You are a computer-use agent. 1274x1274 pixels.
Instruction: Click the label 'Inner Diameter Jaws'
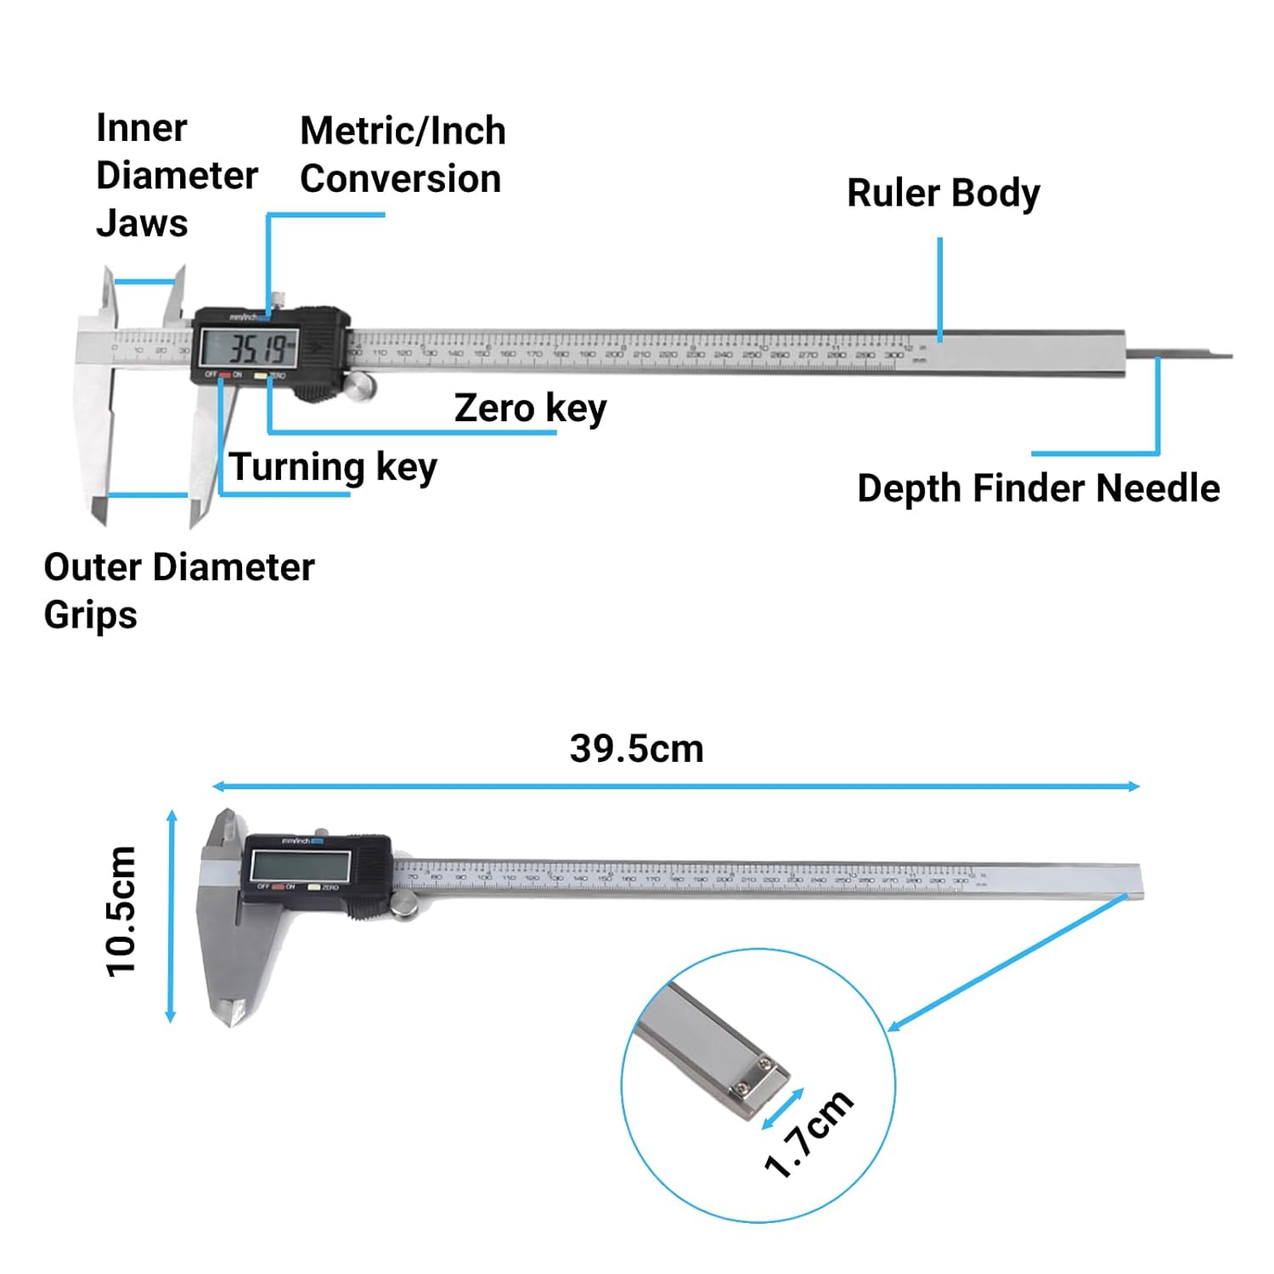[176, 176]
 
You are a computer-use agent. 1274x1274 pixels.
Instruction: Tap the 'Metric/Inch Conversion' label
[403, 155]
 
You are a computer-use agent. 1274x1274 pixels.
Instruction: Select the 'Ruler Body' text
[943, 193]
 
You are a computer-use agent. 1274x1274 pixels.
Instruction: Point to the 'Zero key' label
[530, 409]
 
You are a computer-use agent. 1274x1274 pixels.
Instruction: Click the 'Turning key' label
[333, 467]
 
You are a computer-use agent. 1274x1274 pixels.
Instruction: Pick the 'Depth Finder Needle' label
[1038, 488]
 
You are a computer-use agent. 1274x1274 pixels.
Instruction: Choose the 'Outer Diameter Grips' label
[178, 590]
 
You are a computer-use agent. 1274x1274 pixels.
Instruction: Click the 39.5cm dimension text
[636, 749]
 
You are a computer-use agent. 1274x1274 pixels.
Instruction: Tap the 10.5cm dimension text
[121, 911]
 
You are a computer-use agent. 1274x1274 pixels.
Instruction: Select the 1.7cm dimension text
[809, 1134]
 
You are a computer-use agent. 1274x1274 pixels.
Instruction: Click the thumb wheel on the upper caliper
[360, 386]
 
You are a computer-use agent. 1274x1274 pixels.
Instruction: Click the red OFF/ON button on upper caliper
[225, 375]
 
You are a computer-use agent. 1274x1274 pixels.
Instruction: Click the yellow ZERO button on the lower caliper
[313, 888]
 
